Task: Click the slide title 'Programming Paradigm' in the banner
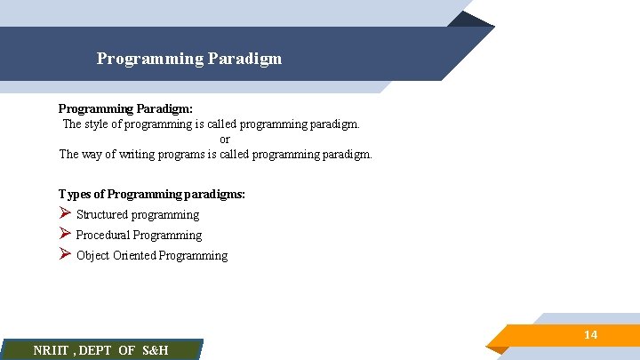tap(189, 59)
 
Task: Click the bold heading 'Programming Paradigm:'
tap(125, 108)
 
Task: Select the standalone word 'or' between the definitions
tap(224, 139)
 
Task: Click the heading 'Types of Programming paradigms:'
tap(152, 194)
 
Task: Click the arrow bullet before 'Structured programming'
tap(64, 213)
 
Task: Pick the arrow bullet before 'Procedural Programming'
tap(64, 234)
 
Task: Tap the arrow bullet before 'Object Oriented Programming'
tap(64, 254)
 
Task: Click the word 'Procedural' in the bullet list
tap(103, 235)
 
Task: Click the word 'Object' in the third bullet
tap(92, 255)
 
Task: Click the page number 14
tap(590, 335)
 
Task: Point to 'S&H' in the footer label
tap(155, 350)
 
